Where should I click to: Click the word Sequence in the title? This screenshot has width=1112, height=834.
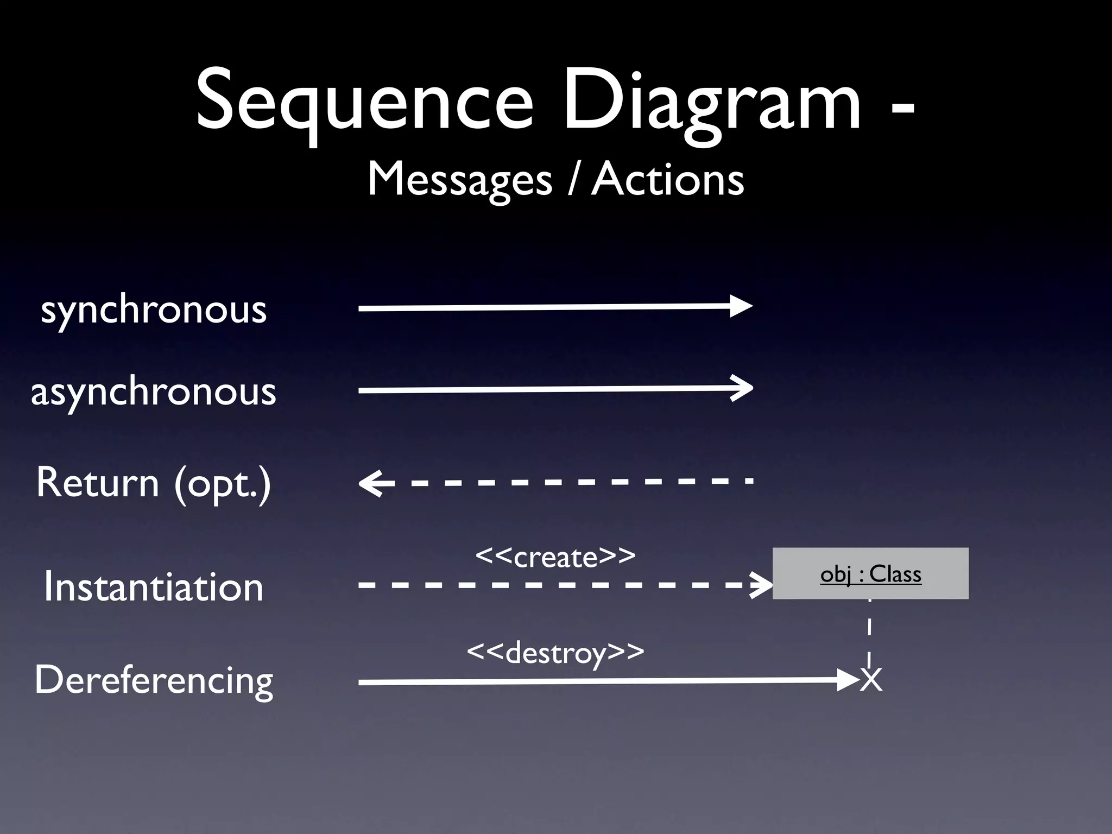(364, 100)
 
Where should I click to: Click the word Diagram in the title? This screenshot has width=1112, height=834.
(711, 100)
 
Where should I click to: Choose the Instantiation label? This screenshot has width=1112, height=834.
(154, 586)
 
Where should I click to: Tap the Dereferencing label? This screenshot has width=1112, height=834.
(154, 680)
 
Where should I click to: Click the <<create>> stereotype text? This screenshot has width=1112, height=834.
(555, 557)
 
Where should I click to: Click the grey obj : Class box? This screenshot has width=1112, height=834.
(870, 573)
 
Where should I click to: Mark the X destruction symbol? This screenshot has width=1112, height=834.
(871, 680)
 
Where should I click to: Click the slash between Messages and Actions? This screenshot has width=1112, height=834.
(572, 180)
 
